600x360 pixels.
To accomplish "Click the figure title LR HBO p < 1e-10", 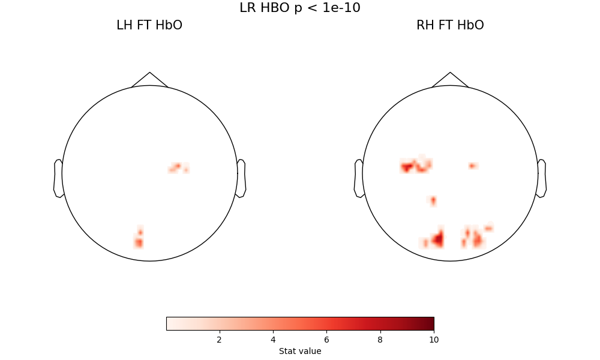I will (x=300, y=8).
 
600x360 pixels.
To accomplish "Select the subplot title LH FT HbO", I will (x=149, y=25).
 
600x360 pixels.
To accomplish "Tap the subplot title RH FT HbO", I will (x=450, y=25).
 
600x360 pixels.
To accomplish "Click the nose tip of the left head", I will (x=149, y=73).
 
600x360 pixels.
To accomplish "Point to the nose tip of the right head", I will (x=450, y=73).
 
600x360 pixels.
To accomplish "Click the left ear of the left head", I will (x=58, y=178).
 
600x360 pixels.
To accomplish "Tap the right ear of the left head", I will (x=241, y=178).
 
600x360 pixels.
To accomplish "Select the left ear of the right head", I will (x=359, y=178).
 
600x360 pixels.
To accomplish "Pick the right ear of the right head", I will (x=542, y=178).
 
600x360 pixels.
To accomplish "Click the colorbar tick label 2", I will (x=219, y=340).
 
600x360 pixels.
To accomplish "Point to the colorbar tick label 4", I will (x=273, y=340).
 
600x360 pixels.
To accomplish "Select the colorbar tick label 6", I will (x=326, y=340).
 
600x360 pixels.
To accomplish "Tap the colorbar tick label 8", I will (x=380, y=340).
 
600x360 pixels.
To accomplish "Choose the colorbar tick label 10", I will (x=434, y=340).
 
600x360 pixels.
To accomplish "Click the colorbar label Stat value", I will (x=300, y=351).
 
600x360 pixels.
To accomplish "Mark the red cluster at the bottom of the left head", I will (x=139, y=240).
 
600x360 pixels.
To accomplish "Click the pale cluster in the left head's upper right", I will (x=178, y=167).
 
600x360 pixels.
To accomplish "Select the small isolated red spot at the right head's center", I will (x=433, y=200).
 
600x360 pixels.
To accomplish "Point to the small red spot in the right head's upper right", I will (x=473, y=166).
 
